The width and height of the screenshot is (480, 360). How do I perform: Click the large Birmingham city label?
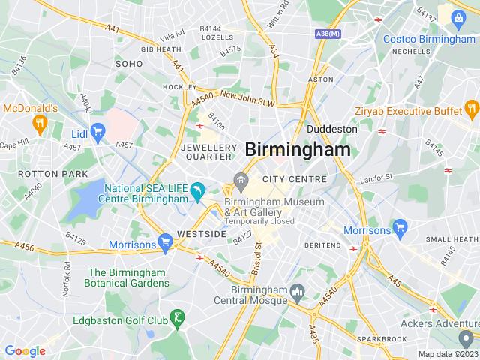click(298, 149)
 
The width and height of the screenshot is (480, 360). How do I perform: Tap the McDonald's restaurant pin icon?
click(40, 123)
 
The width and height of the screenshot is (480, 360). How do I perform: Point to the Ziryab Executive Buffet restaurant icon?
click(471, 111)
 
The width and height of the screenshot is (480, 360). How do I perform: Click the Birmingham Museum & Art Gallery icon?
click(241, 181)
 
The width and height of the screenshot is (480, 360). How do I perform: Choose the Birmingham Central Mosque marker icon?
click(297, 291)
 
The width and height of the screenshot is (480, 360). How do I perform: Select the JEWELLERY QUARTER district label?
click(208, 152)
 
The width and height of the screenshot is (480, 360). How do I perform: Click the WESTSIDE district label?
click(202, 234)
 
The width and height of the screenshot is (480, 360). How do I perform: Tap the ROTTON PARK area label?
click(43, 174)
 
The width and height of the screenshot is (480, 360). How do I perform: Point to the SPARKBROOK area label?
click(382, 339)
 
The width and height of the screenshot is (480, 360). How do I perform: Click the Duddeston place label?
click(331, 129)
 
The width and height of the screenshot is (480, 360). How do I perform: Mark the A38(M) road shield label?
click(328, 34)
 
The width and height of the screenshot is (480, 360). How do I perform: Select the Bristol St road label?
click(257, 258)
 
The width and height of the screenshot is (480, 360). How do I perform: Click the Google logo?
click(25, 350)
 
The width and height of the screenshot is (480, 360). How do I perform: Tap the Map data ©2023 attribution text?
click(448, 354)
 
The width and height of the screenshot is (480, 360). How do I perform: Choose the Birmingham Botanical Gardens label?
click(129, 277)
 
